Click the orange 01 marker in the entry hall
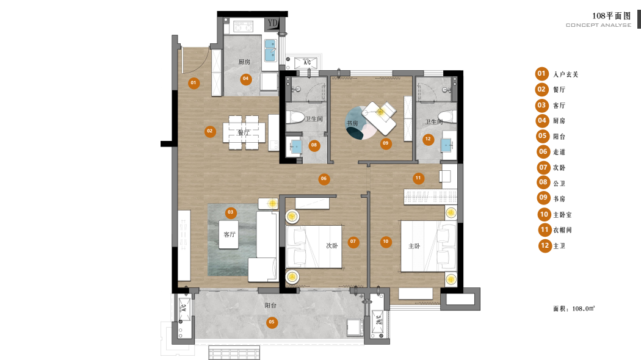point(194,83)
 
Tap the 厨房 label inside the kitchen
point(244,62)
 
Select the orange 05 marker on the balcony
point(272,322)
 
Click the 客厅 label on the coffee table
point(230,234)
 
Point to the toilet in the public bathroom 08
point(294,117)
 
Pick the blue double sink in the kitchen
point(270,50)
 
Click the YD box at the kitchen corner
point(272,24)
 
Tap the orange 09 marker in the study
point(385,143)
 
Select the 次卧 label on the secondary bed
point(332,246)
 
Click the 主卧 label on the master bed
point(414,246)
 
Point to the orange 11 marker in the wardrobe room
point(418,178)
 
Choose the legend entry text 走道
point(559,152)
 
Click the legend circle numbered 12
point(545,245)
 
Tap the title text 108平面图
point(612,16)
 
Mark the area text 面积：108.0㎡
point(574,309)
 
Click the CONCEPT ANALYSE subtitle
point(598,26)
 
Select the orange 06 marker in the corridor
point(324,179)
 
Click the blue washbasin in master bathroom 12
point(446,144)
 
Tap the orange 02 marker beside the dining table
point(210,131)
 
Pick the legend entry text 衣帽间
point(562,230)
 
